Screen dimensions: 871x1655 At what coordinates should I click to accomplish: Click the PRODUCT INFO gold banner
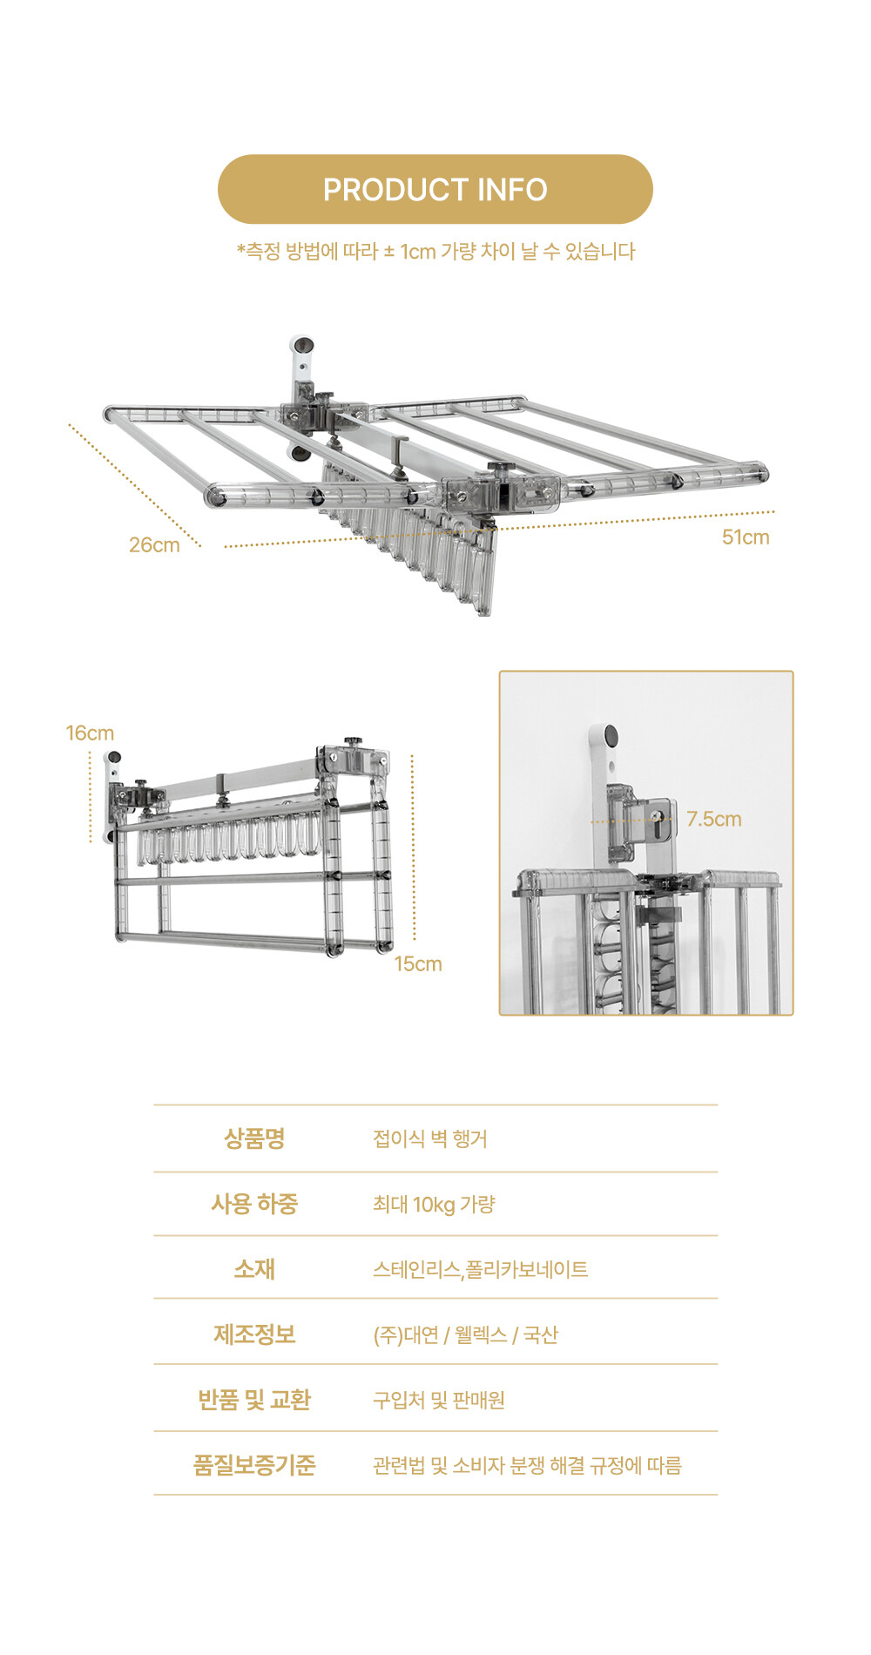[x=435, y=189]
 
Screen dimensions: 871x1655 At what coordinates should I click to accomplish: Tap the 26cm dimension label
[x=154, y=544]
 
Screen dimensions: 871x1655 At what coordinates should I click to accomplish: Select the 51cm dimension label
[x=746, y=537]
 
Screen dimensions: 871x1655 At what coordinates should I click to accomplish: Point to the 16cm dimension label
[x=90, y=733]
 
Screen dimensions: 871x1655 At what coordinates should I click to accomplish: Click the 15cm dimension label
[x=418, y=963]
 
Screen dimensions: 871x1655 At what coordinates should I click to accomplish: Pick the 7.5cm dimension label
[x=714, y=819]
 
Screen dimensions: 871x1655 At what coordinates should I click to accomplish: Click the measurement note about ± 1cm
[x=435, y=251]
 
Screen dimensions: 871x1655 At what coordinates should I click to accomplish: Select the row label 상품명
[x=254, y=1138]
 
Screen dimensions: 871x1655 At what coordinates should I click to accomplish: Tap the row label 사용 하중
[x=254, y=1203]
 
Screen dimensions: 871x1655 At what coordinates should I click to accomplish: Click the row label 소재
[x=254, y=1268]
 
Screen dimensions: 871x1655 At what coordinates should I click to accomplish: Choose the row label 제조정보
[x=254, y=1334]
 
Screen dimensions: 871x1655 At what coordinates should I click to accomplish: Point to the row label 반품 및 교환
[x=254, y=1399]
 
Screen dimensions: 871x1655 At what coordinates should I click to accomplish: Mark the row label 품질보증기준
[x=254, y=1464]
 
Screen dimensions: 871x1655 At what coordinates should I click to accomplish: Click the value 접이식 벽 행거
[x=430, y=1138]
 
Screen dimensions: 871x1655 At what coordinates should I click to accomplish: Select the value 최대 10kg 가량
[x=434, y=1204]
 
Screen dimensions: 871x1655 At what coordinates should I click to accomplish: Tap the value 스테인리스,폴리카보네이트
[x=481, y=1269]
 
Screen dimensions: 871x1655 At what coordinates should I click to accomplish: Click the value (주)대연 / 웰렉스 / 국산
[x=466, y=1334]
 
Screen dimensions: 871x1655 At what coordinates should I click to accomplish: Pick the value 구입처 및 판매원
[x=439, y=1400]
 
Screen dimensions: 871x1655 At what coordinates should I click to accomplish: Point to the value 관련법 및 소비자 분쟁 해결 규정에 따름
[x=527, y=1465]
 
